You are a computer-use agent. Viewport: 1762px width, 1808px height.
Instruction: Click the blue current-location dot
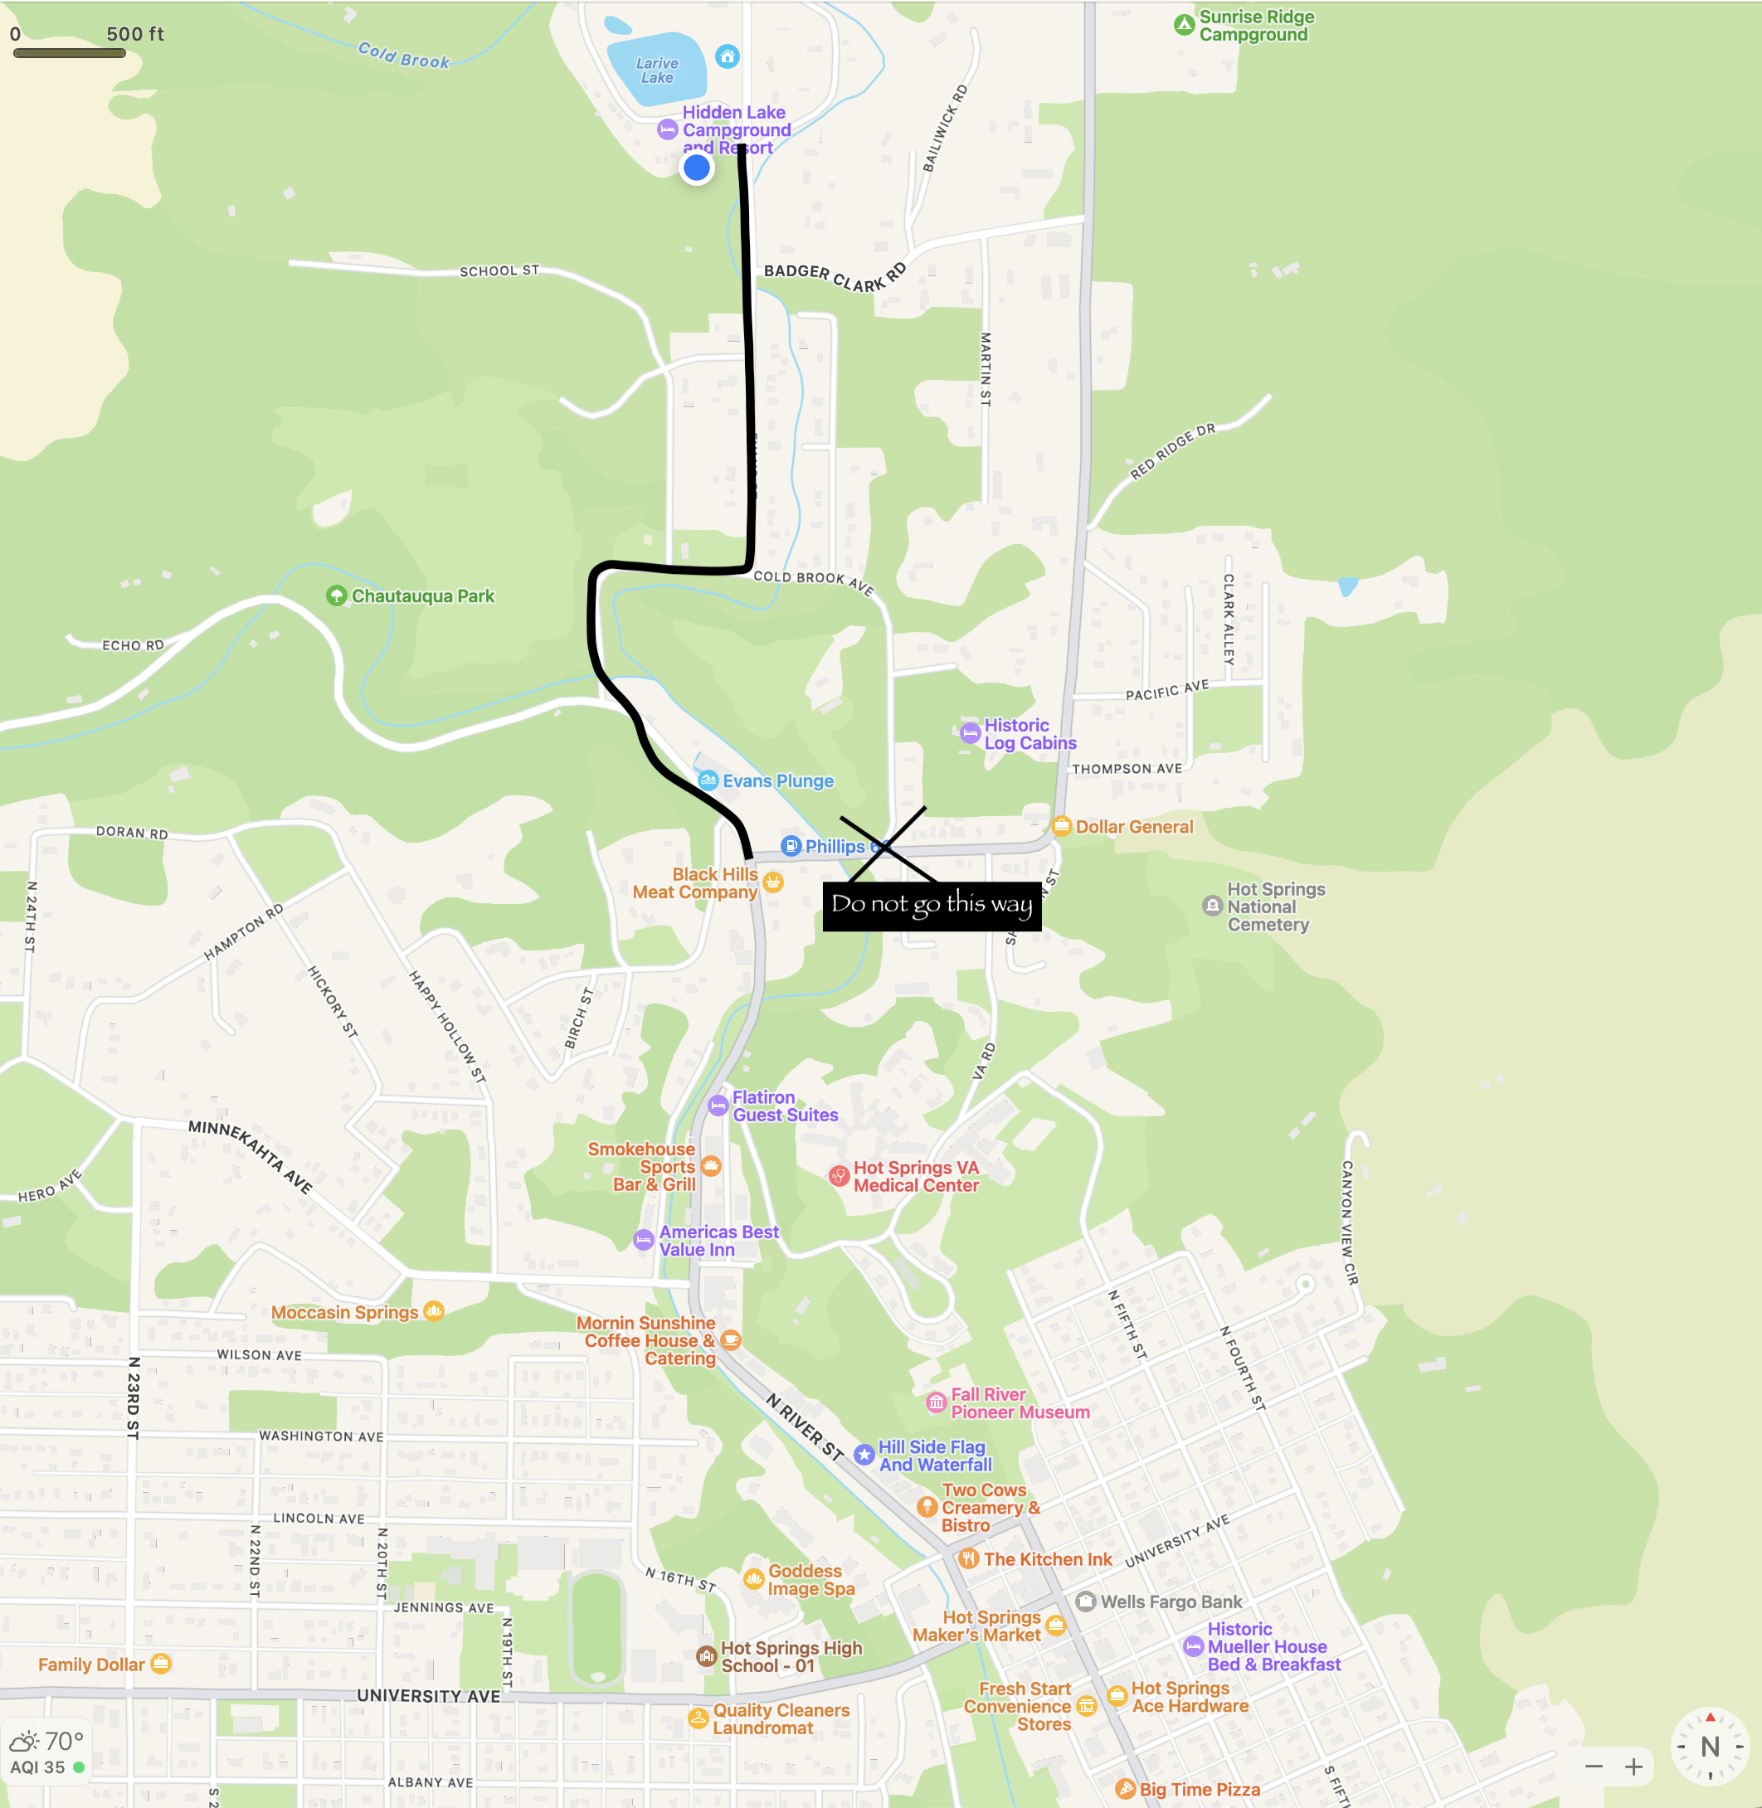tap(696, 168)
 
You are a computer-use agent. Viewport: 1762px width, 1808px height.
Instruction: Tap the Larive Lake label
tap(657, 70)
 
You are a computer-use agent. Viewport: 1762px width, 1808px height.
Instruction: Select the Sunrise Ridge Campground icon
tap(1184, 25)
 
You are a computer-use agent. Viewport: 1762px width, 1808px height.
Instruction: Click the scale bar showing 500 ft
tap(70, 53)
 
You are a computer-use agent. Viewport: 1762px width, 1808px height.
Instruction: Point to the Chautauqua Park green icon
tap(337, 595)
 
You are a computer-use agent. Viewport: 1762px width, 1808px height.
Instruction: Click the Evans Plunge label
tap(777, 781)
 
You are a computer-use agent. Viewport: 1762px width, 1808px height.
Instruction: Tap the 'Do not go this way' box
tap(932, 906)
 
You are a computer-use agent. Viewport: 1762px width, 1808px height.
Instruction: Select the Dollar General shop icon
tap(1062, 826)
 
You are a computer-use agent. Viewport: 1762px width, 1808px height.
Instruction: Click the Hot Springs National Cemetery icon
tap(1212, 906)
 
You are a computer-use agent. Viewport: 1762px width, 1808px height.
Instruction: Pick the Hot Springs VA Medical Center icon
tap(839, 1176)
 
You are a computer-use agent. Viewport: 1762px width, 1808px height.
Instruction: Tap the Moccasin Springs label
tap(344, 1312)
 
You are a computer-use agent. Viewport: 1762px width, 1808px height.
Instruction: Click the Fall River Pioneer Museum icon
tap(937, 1402)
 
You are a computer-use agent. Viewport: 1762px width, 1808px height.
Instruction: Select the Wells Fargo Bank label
tap(1171, 1601)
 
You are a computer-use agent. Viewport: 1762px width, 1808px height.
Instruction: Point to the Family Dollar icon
tap(161, 1664)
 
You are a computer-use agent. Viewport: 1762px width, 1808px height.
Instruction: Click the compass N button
tap(1709, 1746)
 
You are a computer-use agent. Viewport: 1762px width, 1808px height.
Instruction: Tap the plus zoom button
tap(1634, 1767)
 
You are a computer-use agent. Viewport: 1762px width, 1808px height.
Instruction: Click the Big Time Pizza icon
tap(1126, 1789)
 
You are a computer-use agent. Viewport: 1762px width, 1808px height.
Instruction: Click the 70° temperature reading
tap(64, 1742)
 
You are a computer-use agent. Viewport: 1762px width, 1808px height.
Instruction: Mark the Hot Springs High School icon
tap(706, 1656)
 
